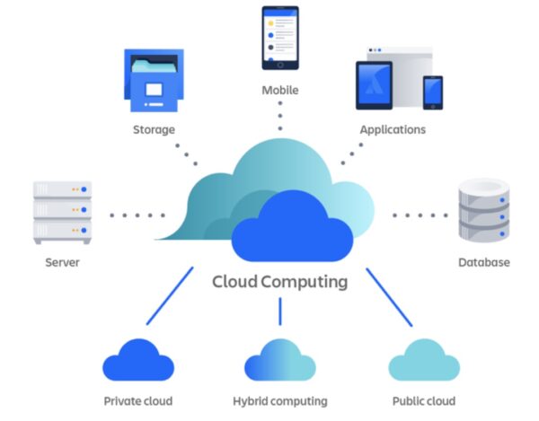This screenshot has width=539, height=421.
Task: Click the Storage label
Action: point(154,130)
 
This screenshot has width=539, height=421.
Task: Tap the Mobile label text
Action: point(280,91)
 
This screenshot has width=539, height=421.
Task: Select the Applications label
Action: point(393,130)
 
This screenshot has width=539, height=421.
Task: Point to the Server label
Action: point(62,262)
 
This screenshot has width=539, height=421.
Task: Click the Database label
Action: point(484,262)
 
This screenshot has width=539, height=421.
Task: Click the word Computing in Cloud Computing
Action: point(305,283)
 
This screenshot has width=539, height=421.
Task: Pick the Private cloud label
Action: point(138,401)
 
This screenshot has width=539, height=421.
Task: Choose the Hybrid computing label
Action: point(280,401)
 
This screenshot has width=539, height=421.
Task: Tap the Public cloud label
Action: point(424,401)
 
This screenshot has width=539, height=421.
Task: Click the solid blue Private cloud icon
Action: point(138,361)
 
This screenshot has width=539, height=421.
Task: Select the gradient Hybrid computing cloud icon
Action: point(280,361)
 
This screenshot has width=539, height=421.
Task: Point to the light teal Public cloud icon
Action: point(424,361)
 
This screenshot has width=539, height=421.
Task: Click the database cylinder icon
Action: point(484,210)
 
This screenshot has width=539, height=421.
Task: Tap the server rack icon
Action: point(63,212)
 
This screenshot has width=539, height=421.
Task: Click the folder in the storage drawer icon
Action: point(155,66)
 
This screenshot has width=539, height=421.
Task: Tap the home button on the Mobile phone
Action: point(280,66)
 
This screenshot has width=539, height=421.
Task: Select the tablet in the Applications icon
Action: point(374,85)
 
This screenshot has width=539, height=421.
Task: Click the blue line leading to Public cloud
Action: point(389,297)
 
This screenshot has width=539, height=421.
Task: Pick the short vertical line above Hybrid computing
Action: point(280,311)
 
